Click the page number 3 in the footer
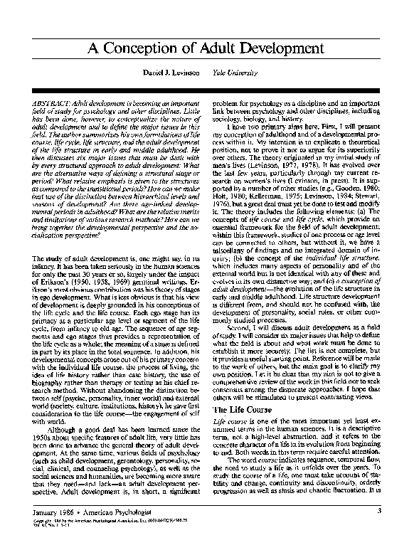(380, 529)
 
